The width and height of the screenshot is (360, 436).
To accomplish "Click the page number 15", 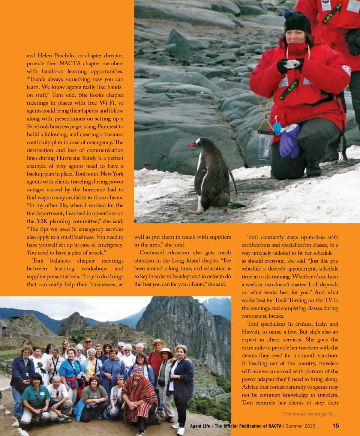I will click(336, 425).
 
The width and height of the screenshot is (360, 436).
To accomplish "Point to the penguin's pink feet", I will click(195, 212).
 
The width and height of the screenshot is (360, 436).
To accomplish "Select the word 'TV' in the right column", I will click(327, 301).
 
